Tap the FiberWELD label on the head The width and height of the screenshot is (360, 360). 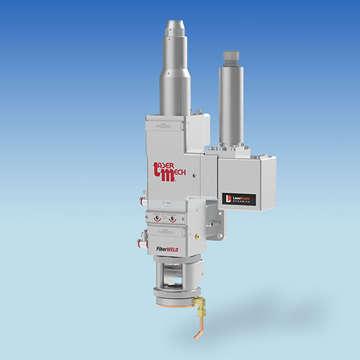click(x=170, y=251)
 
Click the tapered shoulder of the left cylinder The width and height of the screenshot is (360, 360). click(x=175, y=66)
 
